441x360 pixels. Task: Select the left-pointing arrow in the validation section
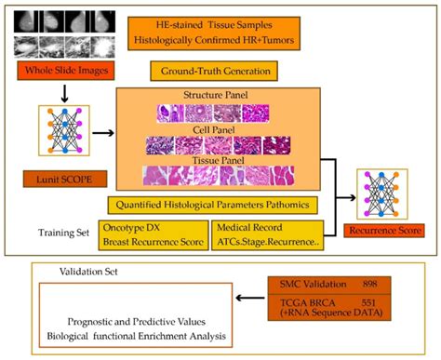[x=246, y=300]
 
